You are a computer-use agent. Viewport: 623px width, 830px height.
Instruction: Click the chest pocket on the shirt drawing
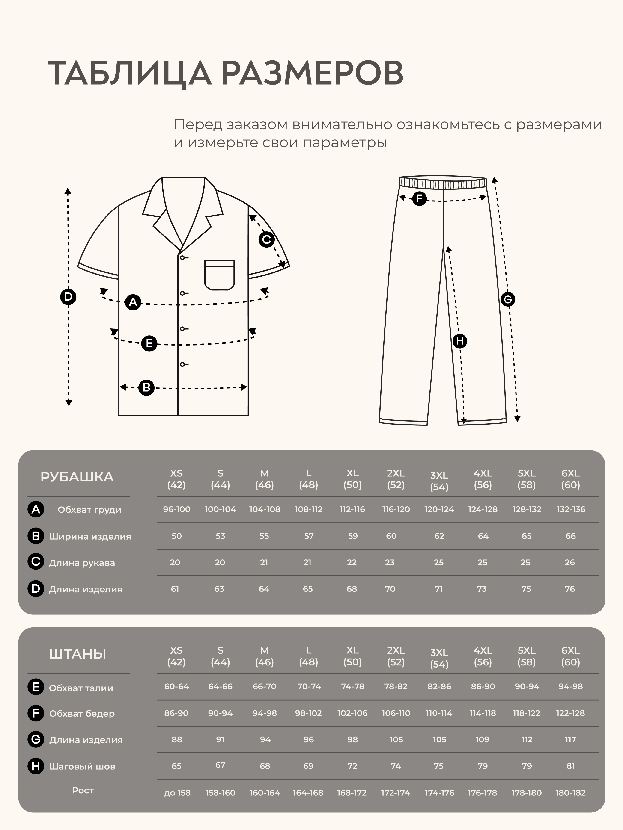click(x=219, y=275)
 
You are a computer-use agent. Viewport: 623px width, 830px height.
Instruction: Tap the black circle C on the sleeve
click(x=267, y=239)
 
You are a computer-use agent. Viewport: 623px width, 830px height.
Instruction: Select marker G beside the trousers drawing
click(x=507, y=299)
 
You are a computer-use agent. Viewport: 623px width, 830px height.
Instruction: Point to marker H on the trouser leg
click(x=460, y=341)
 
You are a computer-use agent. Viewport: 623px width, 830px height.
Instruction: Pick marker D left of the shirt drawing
click(x=68, y=297)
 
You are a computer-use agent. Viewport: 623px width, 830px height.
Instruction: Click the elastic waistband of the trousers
click(x=443, y=182)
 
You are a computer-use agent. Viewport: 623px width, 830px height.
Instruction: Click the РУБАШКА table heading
click(x=77, y=477)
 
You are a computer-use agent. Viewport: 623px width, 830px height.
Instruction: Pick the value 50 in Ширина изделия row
click(x=176, y=536)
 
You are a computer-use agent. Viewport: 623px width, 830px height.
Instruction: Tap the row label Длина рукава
click(x=82, y=563)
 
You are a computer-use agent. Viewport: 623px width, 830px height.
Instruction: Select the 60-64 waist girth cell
click(x=176, y=686)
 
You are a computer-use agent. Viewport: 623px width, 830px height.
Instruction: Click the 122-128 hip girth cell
click(x=570, y=713)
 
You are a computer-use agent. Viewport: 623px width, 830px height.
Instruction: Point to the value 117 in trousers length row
click(x=570, y=740)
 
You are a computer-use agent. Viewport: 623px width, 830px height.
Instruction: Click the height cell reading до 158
click(x=177, y=793)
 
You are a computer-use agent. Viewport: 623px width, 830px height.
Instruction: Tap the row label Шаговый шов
click(x=82, y=766)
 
